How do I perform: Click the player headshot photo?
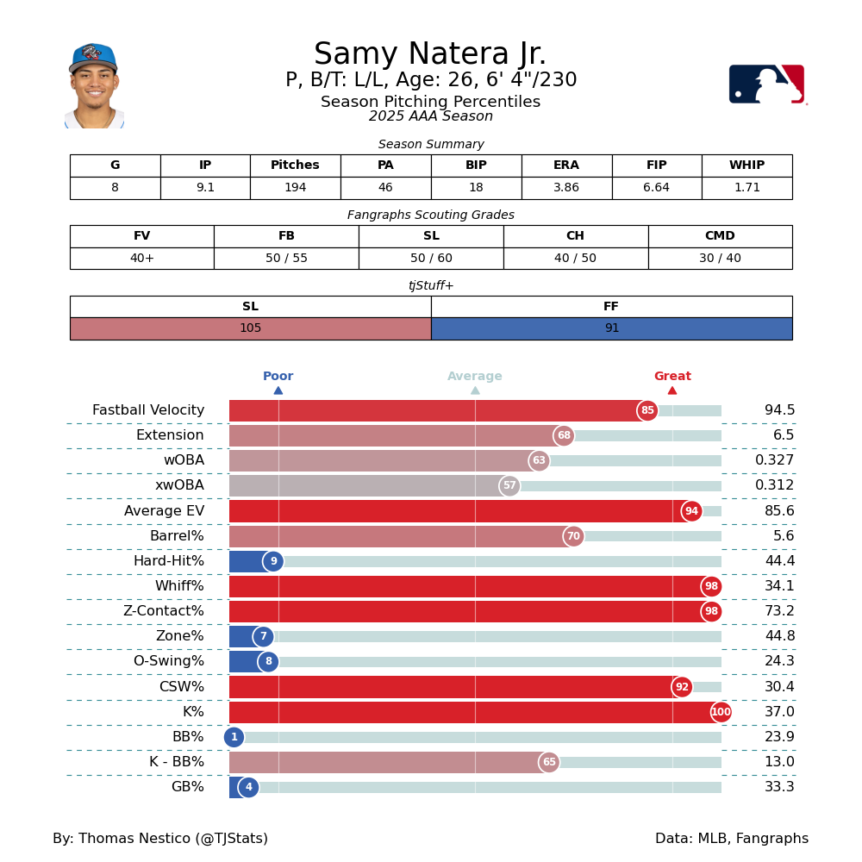pyautogui.click(x=94, y=86)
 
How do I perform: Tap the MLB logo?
pyautogui.click(x=766, y=84)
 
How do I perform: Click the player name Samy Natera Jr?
pyautogui.click(x=430, y=54)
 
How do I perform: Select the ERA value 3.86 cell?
pyautogui.click(x=566, y=188)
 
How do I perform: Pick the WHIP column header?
pyautogui.click(x=746, y=166)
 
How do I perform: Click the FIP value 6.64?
pyautogui.click(x=656, y=188)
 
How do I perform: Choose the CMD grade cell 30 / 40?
pyautogui.click(x=720, y=259)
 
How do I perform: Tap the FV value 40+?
pyautogui.click(x=141, y=259)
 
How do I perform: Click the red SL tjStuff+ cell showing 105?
pyautogui.click(x=250, y=328)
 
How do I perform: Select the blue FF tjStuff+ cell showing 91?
pyautogui.click(x=611, y=328)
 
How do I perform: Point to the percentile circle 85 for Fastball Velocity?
pyautogui.click(x=647, y=411)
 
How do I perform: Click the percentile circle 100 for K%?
pyautogui.click(x=721, y=712)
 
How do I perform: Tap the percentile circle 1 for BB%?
pyautogui.click(x=234, y=737)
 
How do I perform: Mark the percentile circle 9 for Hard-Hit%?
pyautogui.click(x=273, y=561)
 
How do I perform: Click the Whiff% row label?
pyautogui.click(x=179, y=586)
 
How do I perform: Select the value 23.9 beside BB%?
pyautogui.click(x=779, y=737)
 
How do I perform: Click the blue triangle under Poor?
pyautogui.click(x=278, y=390)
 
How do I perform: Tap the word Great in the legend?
pyautogui.click(x=672, y=377)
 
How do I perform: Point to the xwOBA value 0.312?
pyautogui.click(x=775, y=486)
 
